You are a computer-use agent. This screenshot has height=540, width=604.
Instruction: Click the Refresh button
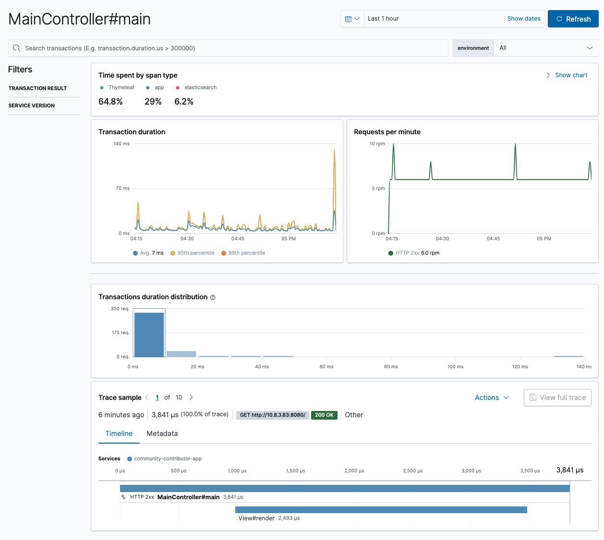click(x=573, y=19)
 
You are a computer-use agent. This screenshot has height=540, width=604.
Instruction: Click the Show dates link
click(x=523, y=19)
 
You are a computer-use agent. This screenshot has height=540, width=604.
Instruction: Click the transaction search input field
click(x=230, y=48)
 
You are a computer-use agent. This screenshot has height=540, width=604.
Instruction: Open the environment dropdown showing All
click(x=545, y=48)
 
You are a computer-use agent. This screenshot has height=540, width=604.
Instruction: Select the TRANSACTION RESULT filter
click(x=37, y=88)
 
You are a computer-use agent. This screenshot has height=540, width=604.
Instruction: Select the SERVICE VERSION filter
click(x=32, y=106)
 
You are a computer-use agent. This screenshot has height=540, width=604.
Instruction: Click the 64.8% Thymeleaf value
click(x=110, y=102)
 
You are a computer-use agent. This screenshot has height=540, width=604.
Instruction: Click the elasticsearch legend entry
click(x=200, y=88)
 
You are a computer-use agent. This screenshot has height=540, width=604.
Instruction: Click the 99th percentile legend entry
click(x=246, y=253)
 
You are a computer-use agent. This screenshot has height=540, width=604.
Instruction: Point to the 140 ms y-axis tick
click(x=121, y=144)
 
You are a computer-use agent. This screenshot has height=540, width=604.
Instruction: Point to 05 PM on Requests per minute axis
click(x=544, y=239)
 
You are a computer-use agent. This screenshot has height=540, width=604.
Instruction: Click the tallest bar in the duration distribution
click(x=149, y=334)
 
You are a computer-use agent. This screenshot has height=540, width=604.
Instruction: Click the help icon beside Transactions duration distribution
click(x=213, y=297)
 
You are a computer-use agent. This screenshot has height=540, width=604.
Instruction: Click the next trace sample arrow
click(x=191, y=398)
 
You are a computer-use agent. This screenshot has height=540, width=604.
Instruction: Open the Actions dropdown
click(x=492, y=398)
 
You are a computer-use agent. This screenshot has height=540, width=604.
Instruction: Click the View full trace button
click(x=557, y=398)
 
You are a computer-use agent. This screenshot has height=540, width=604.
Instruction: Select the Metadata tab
click(x=162, y=434)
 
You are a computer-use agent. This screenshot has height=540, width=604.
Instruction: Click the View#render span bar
click(x=381, y=510)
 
